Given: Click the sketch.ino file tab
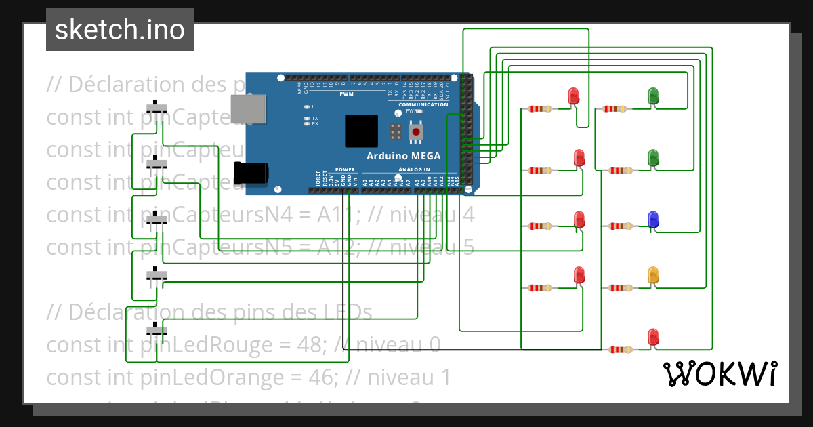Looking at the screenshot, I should tap(119, 30).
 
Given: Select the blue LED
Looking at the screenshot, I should tap(653, 220).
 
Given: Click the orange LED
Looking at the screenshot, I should tap(653, 274).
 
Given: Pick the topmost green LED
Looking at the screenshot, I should tap(653, 96).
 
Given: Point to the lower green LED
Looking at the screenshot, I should tap(653, 158).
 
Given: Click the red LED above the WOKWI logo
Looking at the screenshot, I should tap(652, 336).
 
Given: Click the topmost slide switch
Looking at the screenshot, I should tap(158, 108).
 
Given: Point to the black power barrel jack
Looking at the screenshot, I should tap(249, 174).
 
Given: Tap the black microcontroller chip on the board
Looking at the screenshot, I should tap(361, 131).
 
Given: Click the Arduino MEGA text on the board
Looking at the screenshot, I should tap(403, 156).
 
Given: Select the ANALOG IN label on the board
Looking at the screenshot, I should tap(413, 169).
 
